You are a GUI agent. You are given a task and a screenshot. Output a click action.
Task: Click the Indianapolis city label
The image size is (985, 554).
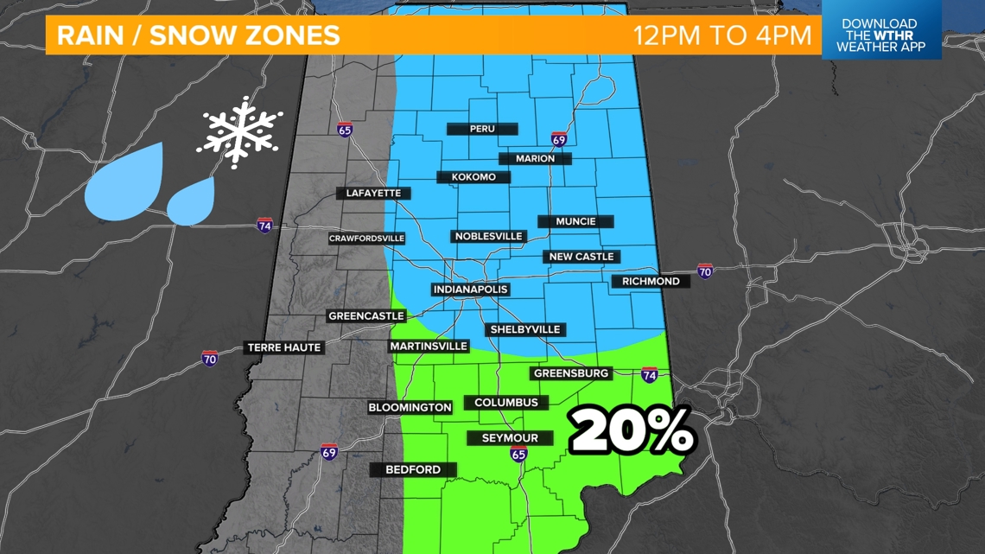470,290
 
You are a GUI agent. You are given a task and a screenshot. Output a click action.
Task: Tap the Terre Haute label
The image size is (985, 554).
284,347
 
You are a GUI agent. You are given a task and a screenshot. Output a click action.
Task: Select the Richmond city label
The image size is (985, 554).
651,281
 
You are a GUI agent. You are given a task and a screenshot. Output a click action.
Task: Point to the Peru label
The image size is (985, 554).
482,129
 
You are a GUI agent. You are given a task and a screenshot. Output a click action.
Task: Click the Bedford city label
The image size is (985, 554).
412,469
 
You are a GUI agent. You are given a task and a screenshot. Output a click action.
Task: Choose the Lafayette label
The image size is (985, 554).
373,193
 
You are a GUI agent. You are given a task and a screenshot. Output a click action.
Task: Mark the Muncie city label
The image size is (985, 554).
575,221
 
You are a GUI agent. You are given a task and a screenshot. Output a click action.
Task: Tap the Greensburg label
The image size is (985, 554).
571,373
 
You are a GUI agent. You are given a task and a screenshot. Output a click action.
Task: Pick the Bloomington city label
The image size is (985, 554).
410,407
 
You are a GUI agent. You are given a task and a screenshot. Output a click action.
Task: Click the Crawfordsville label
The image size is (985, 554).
366,239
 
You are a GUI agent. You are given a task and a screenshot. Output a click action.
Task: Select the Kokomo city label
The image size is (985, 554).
473,177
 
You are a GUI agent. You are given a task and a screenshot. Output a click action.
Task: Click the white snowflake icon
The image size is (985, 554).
239,131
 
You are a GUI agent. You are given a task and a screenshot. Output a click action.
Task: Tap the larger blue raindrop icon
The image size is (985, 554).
125,181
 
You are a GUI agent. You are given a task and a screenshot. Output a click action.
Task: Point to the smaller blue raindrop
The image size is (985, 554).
191,201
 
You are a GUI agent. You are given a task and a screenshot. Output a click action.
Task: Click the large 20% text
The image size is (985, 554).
632,430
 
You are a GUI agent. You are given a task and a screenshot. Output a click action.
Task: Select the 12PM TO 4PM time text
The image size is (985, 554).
722,36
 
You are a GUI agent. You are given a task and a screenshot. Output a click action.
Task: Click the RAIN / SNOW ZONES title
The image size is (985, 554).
198,36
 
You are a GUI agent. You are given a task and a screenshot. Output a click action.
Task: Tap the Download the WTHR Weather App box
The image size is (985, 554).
879,36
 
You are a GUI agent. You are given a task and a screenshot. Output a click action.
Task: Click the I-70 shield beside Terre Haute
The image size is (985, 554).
210,358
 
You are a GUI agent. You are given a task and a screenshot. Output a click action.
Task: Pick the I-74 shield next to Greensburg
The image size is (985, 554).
650,375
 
